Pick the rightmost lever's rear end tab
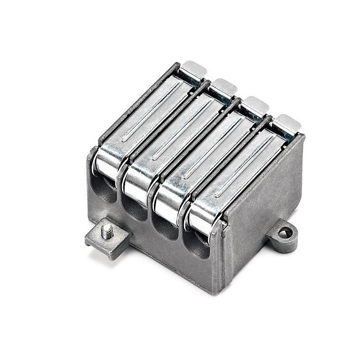(286, 122)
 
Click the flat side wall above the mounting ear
(265, 189)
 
